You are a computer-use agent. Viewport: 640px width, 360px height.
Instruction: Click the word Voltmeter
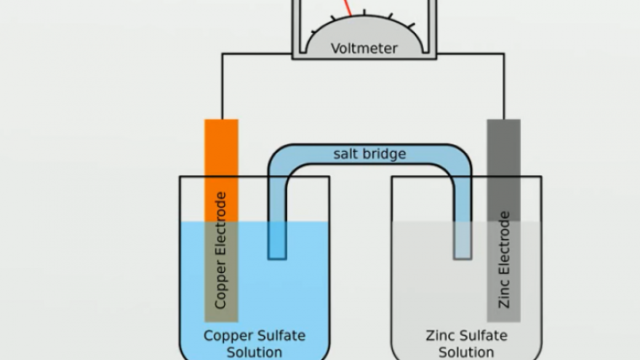(x=364, y=48)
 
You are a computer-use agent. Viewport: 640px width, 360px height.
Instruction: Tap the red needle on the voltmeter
(x=348, y=8)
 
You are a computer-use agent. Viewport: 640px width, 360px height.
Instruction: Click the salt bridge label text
(x=370, y=154)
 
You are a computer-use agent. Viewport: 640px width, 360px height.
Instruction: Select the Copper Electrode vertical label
(x=220, y=250)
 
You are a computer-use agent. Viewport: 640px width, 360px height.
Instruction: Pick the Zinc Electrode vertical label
(x=504, y=260)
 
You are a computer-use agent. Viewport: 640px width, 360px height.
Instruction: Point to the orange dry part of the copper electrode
(x=221, y=170)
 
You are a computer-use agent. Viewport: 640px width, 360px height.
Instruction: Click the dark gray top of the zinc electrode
(x=504, y=170)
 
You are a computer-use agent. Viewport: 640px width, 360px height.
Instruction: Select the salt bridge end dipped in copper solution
(x=277, y=241)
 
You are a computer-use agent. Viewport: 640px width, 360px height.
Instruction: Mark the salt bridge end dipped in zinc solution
(x=462, y=241)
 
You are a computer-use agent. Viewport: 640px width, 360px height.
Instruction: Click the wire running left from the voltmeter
(x=257, y=53)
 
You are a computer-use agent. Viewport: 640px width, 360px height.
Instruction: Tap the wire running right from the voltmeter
(x=470, y=53)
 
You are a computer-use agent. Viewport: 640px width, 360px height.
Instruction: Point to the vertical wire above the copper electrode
(x=222, y=86)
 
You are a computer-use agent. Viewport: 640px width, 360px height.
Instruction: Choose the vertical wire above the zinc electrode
(x=505, y=86)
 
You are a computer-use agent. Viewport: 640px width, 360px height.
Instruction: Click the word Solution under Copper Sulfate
(x=254, y=352)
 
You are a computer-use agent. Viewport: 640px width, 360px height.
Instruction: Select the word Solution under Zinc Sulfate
(x=466, y=352)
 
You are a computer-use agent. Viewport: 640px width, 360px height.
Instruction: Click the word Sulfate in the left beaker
(x=281, y=335)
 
